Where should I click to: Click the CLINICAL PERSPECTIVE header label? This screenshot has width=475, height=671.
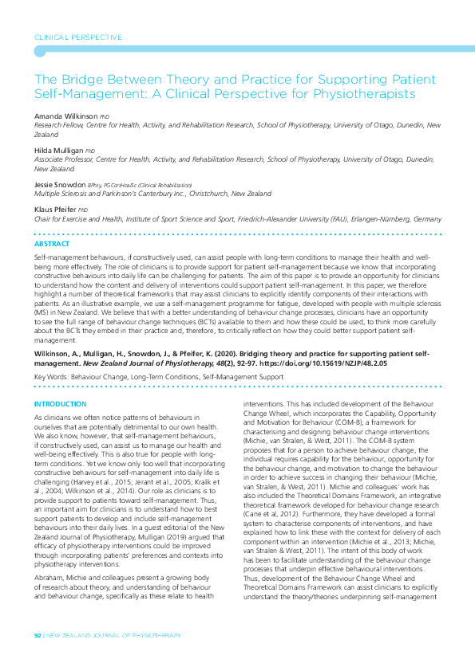tap(77, 37)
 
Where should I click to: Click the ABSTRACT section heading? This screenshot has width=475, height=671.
tap(52, 244)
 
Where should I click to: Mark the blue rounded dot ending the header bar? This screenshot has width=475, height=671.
tap(38, 51)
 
